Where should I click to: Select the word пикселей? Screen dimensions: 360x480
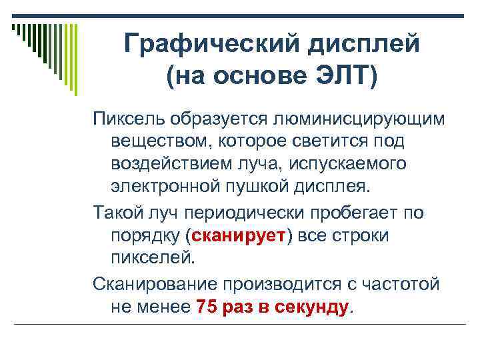point(153,257)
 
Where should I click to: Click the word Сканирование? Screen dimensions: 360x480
point(153,285)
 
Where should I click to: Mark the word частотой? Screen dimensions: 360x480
point(406,285)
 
